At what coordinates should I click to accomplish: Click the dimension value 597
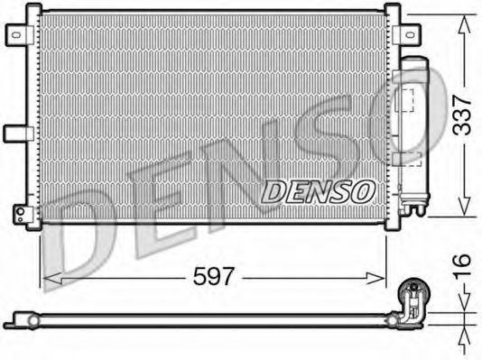(213, 276)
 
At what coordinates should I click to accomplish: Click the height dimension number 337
(461, 115)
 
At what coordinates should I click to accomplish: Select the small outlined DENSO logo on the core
(318, 190)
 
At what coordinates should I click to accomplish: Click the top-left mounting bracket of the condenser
(20, 34)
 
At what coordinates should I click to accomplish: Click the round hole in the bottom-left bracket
(19, 213)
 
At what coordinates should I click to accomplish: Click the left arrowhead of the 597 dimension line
(47, 276)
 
